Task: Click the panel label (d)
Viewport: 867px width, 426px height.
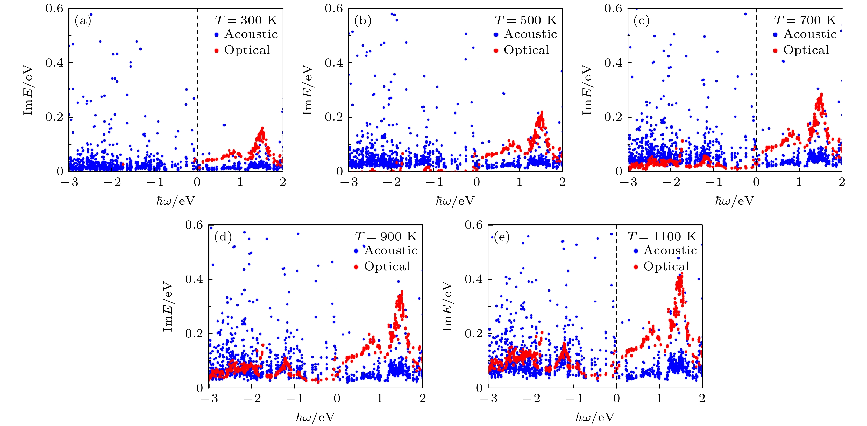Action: click(x=223, y=237)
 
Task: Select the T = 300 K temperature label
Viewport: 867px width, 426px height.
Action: click(x=246, y=20)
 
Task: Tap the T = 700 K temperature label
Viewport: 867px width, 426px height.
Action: click(x=805, y=20)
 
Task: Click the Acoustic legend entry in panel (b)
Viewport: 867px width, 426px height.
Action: click(x=530, y=34)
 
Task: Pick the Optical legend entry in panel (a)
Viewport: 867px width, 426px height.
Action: click(x=247, y=50)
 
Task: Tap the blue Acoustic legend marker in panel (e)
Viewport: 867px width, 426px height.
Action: click(x=635, y=251)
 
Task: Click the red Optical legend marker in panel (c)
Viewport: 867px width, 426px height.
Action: click(x=776, y=51)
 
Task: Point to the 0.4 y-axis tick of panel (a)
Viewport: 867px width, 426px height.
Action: click(x=54, y=63)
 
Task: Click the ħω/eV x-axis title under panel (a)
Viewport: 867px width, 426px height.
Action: click(x=176, y=201)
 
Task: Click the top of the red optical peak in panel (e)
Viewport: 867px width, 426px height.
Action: click(x=680, y=274)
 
